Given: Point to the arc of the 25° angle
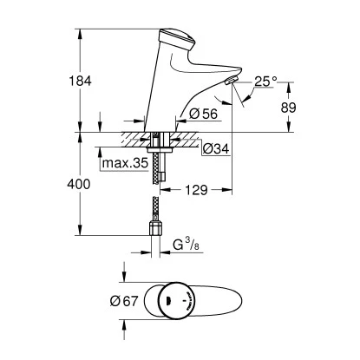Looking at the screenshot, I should pyautogui.click(x=249, y=98).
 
